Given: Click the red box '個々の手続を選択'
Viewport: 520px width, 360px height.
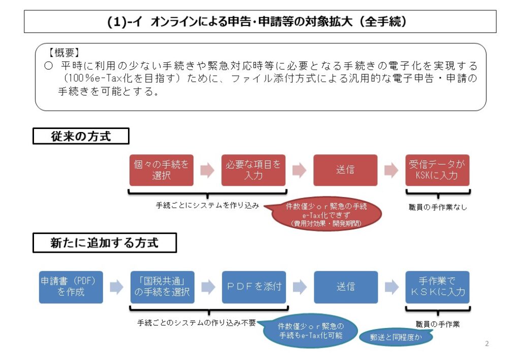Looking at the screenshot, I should point(161,170).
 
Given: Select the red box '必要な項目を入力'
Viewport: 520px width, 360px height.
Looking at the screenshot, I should point(253,170).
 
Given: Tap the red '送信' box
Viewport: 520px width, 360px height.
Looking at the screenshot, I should point(345,170).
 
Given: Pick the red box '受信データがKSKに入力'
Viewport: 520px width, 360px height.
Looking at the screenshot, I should point(437,170).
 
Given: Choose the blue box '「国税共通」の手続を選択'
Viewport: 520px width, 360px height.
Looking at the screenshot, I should point(162,287).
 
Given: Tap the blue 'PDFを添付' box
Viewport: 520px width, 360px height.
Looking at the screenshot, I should point(254,287).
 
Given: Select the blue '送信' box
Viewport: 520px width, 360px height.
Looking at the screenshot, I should point(346,287).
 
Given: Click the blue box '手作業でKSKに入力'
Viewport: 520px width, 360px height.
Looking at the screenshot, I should point(437,287).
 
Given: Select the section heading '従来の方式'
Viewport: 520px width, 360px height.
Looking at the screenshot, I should point(81,136).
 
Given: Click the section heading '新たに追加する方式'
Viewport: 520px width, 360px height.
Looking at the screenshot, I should point(104,243).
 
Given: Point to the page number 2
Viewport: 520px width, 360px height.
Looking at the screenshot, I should point(487,344).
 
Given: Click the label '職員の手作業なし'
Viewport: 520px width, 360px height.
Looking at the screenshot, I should point(437,207).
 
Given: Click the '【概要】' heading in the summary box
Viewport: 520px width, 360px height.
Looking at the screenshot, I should point(64,52).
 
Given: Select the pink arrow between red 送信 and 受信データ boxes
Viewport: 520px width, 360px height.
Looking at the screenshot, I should point(391,170).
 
